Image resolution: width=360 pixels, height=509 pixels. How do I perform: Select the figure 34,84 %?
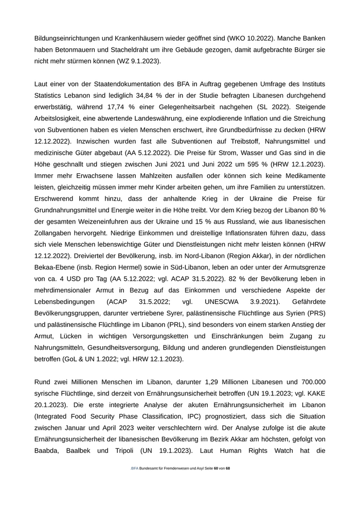[170, 95]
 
